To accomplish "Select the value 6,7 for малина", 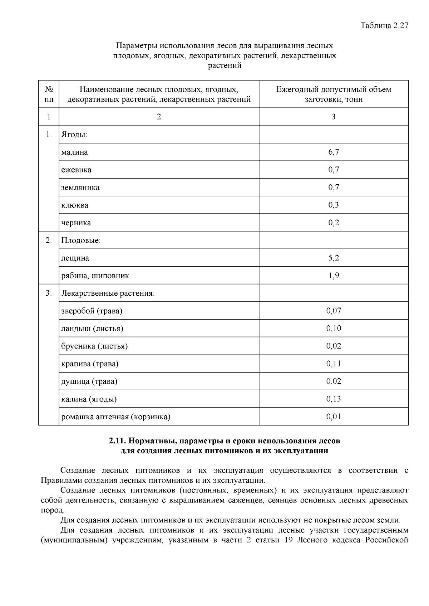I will click(334, 152).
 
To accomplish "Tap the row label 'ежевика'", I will click(76, 170).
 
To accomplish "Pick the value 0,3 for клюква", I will click(334, 205).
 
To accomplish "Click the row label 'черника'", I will click(76, 223).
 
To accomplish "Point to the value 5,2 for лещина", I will click(334, 258).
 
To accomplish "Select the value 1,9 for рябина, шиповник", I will click(334, 276).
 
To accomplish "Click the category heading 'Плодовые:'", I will click(81, 240).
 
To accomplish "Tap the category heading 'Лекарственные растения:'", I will click(108, 294).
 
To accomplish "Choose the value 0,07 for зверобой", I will click(334, 311).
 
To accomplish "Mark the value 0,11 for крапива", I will click(334, 364).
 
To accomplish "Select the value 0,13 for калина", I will click(334, 399).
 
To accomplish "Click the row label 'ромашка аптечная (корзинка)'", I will click(116, 417).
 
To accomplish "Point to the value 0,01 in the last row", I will click(334, 417).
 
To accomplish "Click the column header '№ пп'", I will click(49, 94).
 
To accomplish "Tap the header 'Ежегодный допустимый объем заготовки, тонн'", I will click(334, 94).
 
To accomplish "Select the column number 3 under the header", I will click(334, 117).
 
